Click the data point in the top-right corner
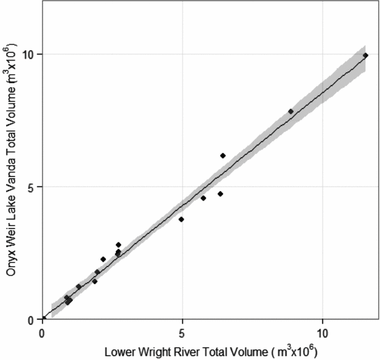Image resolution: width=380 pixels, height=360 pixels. point(365,56)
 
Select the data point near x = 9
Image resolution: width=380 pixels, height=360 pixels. point(290,112)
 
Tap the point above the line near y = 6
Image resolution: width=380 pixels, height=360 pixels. point(222,156)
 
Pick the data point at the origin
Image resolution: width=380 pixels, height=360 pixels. point(43,319)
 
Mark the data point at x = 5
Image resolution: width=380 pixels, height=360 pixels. point(181,219)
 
